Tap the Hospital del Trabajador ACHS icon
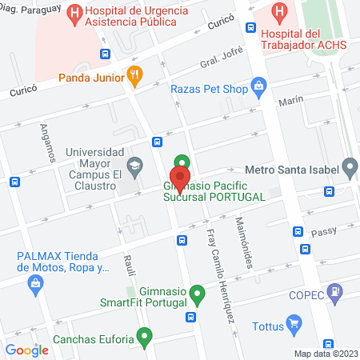click(x=279, y=12)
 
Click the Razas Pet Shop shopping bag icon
click(x=258, y=85)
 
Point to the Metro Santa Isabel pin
click(x=349, y=168)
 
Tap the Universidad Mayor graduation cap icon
click(x=135, y=165)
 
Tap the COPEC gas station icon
click(x=338, y=290)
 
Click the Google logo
click(x=26, y=350)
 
